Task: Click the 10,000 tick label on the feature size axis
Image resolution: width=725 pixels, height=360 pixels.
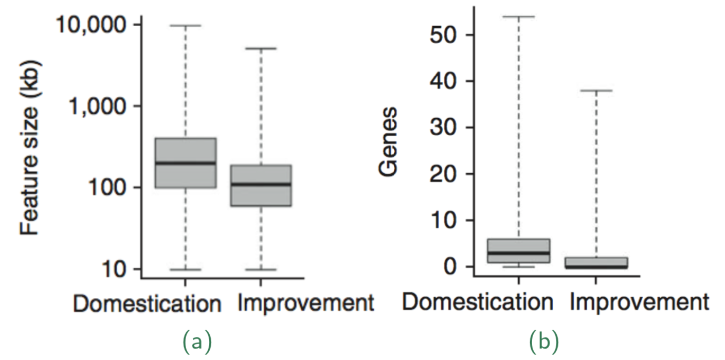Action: [91, 25]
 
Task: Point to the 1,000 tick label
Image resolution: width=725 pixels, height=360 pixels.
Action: [97, 106]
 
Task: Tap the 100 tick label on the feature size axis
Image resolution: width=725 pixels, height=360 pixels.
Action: [106, 187]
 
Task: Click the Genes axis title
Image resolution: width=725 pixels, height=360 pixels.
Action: [388, 142]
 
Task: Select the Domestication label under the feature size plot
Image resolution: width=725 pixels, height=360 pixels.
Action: [148, 303]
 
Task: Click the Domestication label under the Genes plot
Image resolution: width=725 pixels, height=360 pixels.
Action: [477, 302]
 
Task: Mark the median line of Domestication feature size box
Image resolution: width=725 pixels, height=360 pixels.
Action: [186, 163]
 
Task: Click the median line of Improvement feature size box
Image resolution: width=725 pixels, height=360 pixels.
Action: [261, 185]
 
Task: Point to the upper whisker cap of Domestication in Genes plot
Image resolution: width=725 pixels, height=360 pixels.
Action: [519, 16]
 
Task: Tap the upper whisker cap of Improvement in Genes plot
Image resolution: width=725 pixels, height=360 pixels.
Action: [596, 91]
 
